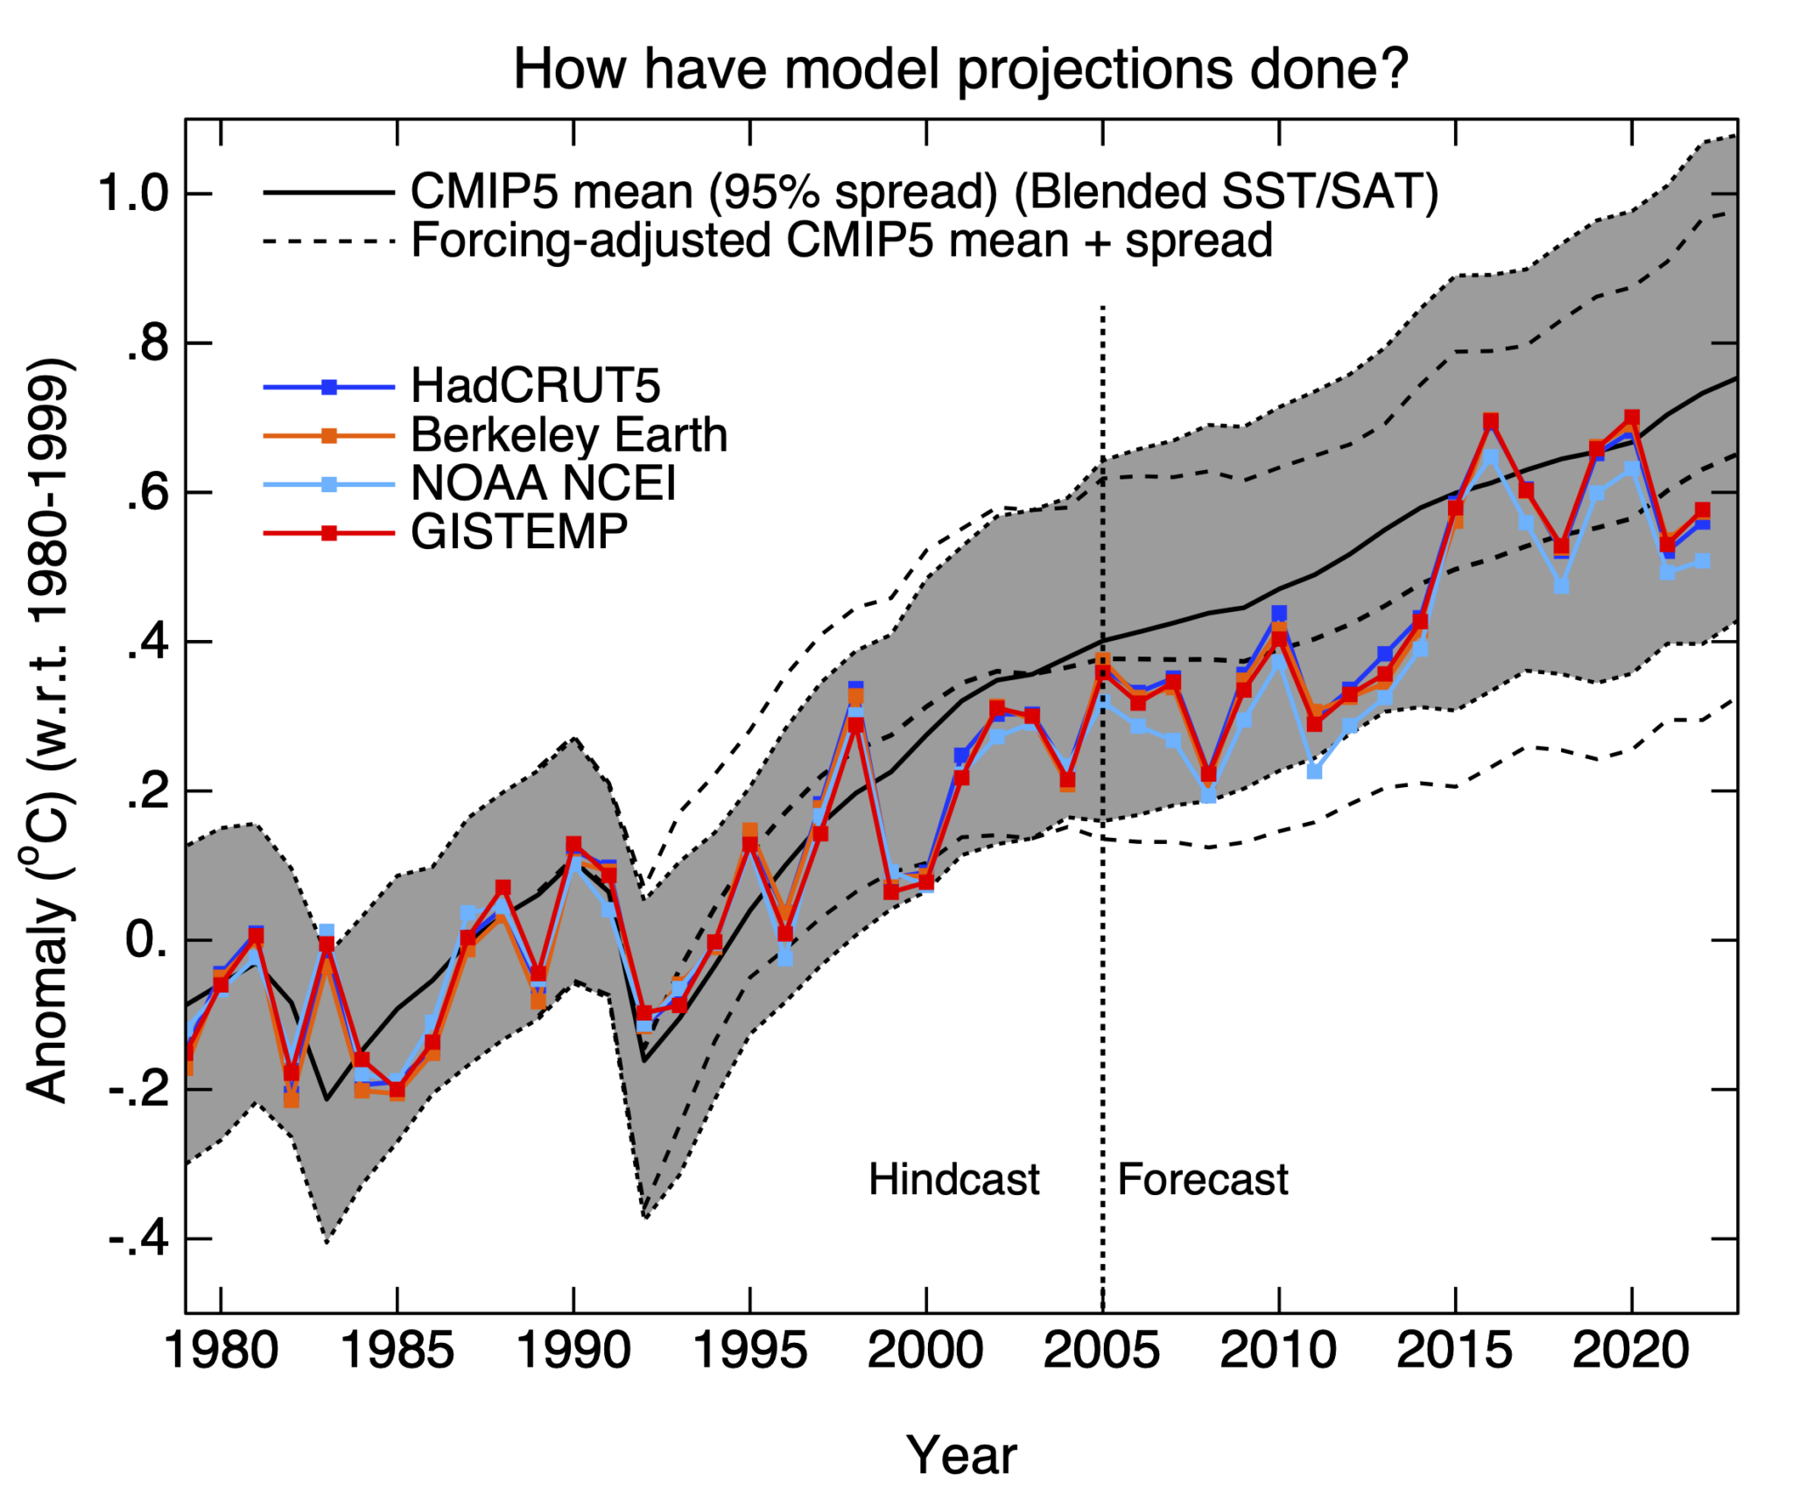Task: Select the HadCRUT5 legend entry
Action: pos(536,386)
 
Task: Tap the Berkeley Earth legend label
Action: pos(569,435)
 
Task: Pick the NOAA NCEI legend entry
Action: pos(544,483)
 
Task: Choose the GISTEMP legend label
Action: pos(519,532)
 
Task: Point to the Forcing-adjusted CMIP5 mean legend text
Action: pos(841,240)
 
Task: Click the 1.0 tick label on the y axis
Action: pos(132,193)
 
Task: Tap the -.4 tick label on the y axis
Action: pos(138,1239)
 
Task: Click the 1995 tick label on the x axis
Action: pos(749,1351)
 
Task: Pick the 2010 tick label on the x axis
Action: pos(1278,1351)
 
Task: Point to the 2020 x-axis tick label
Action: pos(1631,1351)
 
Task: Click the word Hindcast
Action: pos(953,1179)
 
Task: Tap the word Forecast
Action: pos(1203,1179)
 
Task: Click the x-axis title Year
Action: pos(960,1455)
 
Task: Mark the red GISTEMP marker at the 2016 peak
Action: pos(1491,422)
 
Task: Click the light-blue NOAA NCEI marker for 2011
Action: pos(1314,771)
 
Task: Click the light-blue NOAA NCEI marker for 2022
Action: pos(1702,561)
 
